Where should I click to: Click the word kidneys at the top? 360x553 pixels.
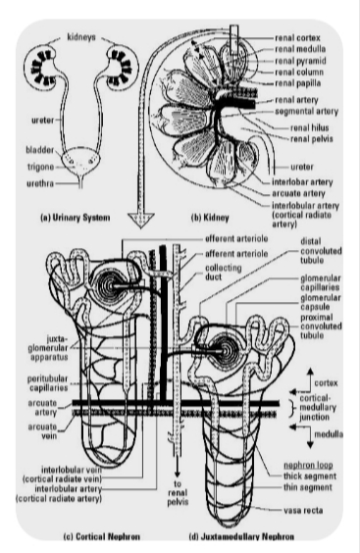(81, 37)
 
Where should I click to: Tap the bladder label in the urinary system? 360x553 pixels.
(40, 150)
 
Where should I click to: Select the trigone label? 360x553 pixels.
(41, 167)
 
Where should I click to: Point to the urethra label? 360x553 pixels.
(40, 183)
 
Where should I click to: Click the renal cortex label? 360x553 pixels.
(297, 37)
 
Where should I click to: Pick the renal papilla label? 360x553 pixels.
(298, 83)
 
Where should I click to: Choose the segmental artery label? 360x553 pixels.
(307, 112)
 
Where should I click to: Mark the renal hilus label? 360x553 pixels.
(310, 127)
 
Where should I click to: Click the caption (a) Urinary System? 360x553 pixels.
(76, 218)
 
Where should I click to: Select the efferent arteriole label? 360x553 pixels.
(236, 239)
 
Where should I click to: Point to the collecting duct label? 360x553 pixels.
(224, 273)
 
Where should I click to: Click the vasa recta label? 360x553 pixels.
(303, 510)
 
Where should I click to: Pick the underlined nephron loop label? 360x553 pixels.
(308, 465)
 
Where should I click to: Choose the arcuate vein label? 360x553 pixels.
(42, 431)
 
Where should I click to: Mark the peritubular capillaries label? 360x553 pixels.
(48, 383)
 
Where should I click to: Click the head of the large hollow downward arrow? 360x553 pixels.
(141, 220)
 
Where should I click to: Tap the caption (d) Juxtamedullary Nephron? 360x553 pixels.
(241, 536)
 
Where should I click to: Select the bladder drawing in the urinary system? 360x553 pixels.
(80, 162)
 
